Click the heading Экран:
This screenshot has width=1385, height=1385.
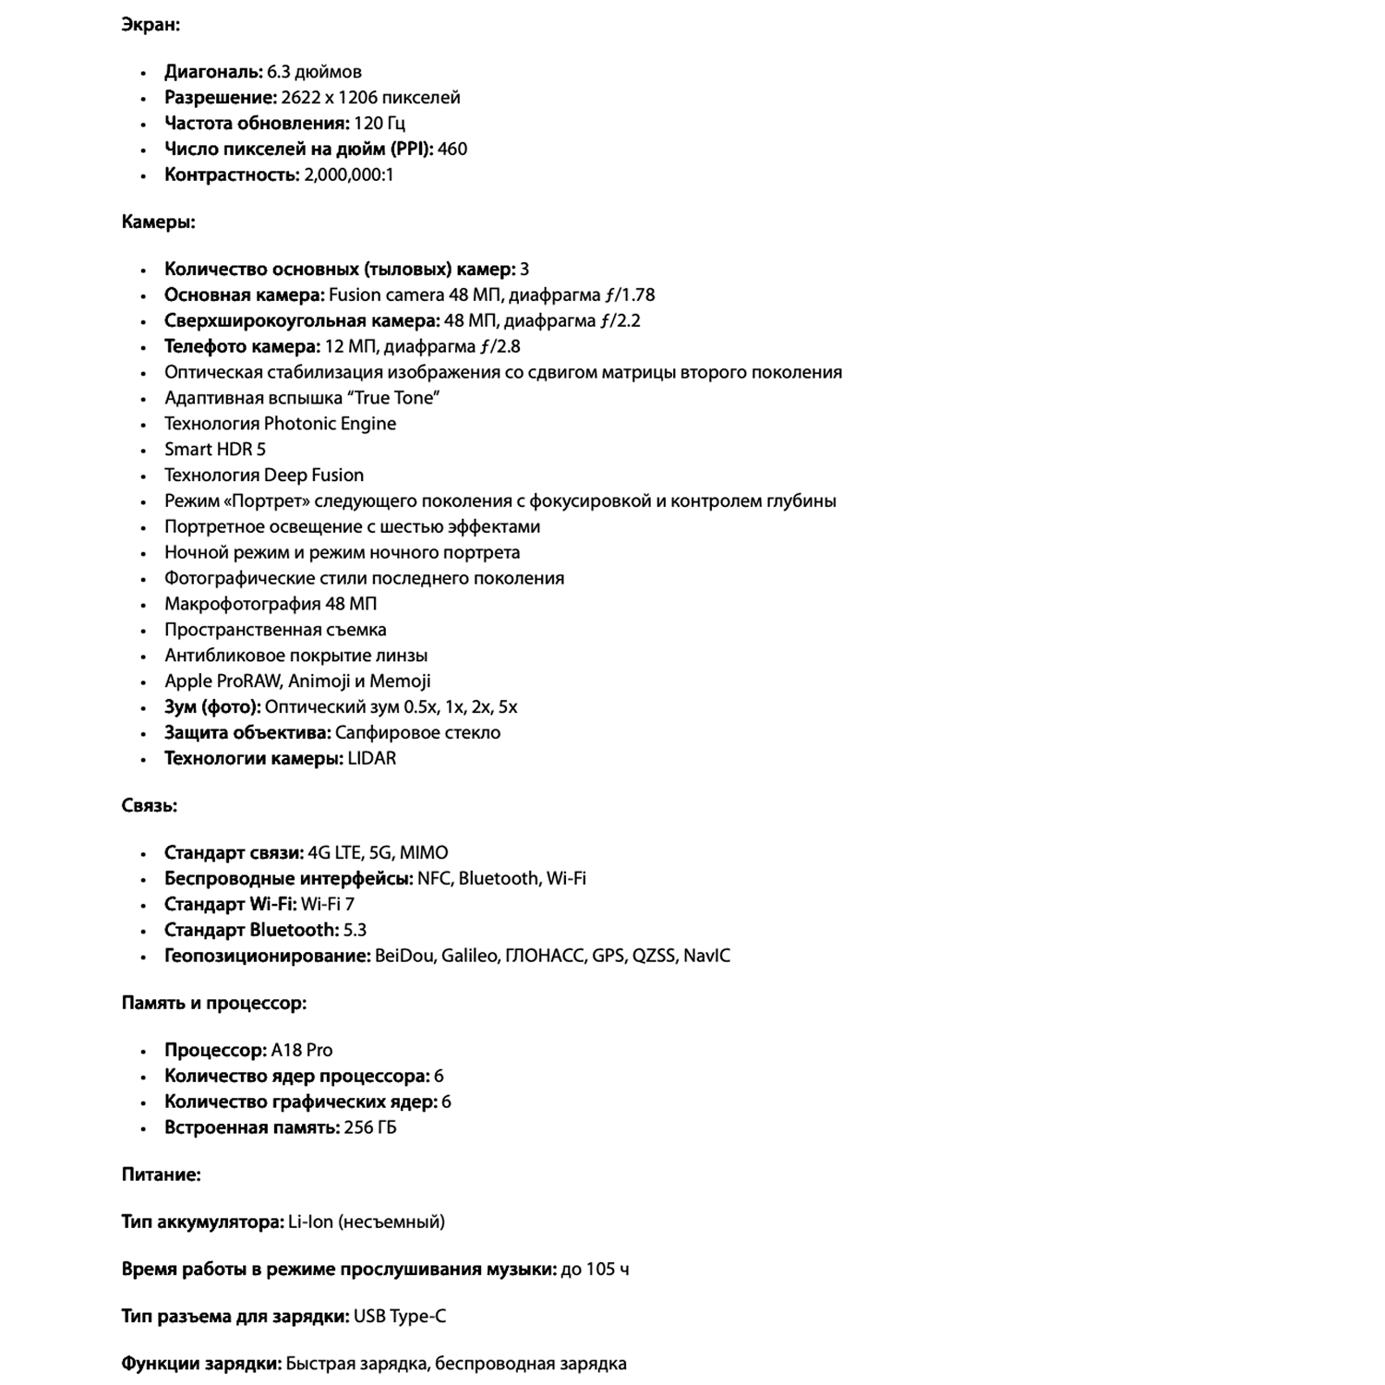(x=151, y=25)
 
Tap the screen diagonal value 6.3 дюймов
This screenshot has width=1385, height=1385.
(x=314, y=72)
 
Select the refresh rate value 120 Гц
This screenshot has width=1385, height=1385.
(x=379, y=124)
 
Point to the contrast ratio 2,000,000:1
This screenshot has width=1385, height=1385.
(x=348, y=175)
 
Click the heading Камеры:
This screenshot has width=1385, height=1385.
(x=158, y=222)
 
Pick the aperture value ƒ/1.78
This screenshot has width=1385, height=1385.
(x=630, y=295)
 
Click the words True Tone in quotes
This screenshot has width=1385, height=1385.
(x=394, y=398)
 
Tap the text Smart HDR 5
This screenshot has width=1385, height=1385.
(x=214, y=450)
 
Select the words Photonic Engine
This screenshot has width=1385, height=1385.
(x=330, y=424)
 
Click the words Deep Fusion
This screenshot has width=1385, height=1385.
(x=314, y=476)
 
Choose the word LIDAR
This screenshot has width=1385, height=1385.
(x=371, y=759)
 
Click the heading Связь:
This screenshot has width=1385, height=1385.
(x=149, y=805)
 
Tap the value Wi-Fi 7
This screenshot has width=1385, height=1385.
(x=327, y=905)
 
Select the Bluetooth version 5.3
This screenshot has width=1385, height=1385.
(x=355, y=931)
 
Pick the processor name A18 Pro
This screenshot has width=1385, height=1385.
(x=301, y=1051)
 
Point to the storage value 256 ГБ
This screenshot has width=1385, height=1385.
(x=369, y=1128)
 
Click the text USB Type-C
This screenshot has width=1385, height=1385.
(x=399, y=1317)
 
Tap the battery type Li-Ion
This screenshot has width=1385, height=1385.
(x=309, y=1222)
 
